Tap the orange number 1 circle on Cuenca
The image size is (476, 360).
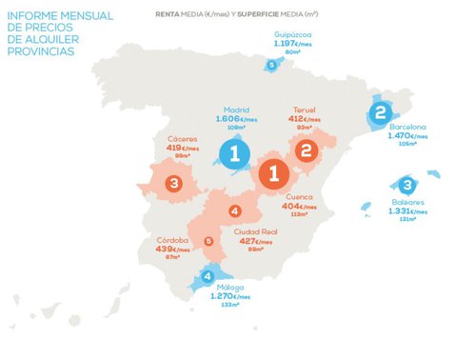[x=273, y=174]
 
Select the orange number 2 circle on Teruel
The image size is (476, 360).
[x=306, y=150]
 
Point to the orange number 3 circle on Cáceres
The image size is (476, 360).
[x=173, y=183]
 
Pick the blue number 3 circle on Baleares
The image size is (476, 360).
[x=407, y=185]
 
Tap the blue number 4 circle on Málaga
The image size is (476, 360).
[x=208, y=277]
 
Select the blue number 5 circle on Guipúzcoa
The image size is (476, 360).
[x=272, y=65]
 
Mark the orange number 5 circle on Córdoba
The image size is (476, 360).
[x=208, y=241]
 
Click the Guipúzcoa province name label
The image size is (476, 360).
[x=291, y=33]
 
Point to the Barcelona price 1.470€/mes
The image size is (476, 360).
[x=407, y=136]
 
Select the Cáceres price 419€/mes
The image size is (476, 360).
[x=180, y=148]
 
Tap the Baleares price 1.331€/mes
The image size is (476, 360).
[x=407, y=210]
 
